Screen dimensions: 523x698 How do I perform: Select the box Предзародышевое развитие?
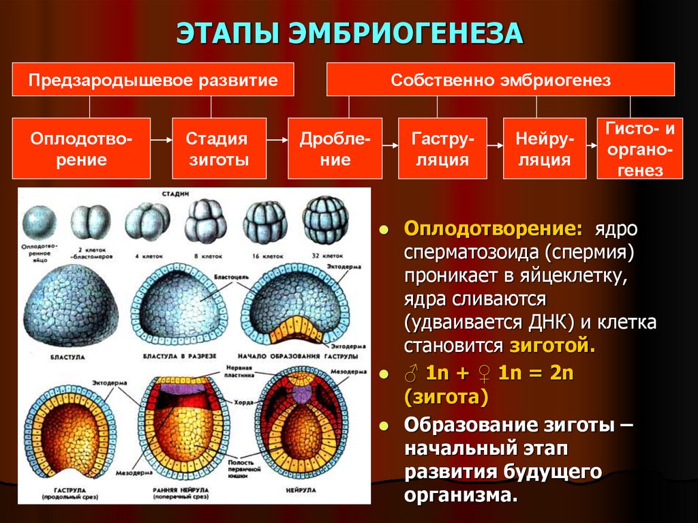click(x=153, y=80)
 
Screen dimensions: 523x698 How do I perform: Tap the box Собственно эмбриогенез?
click(x=500, y=80)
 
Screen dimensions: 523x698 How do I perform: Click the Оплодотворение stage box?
click(x=82, y=149)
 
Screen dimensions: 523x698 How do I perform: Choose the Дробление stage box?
click(x=335, y=149)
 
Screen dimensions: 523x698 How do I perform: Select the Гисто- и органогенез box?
click(x=639, y=149)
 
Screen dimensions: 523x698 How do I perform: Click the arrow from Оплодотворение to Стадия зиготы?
click(x=161, y=140)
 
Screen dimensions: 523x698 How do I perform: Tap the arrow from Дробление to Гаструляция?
click(x=390, y=145)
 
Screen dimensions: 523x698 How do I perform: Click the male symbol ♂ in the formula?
click(x=411, y=374)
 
